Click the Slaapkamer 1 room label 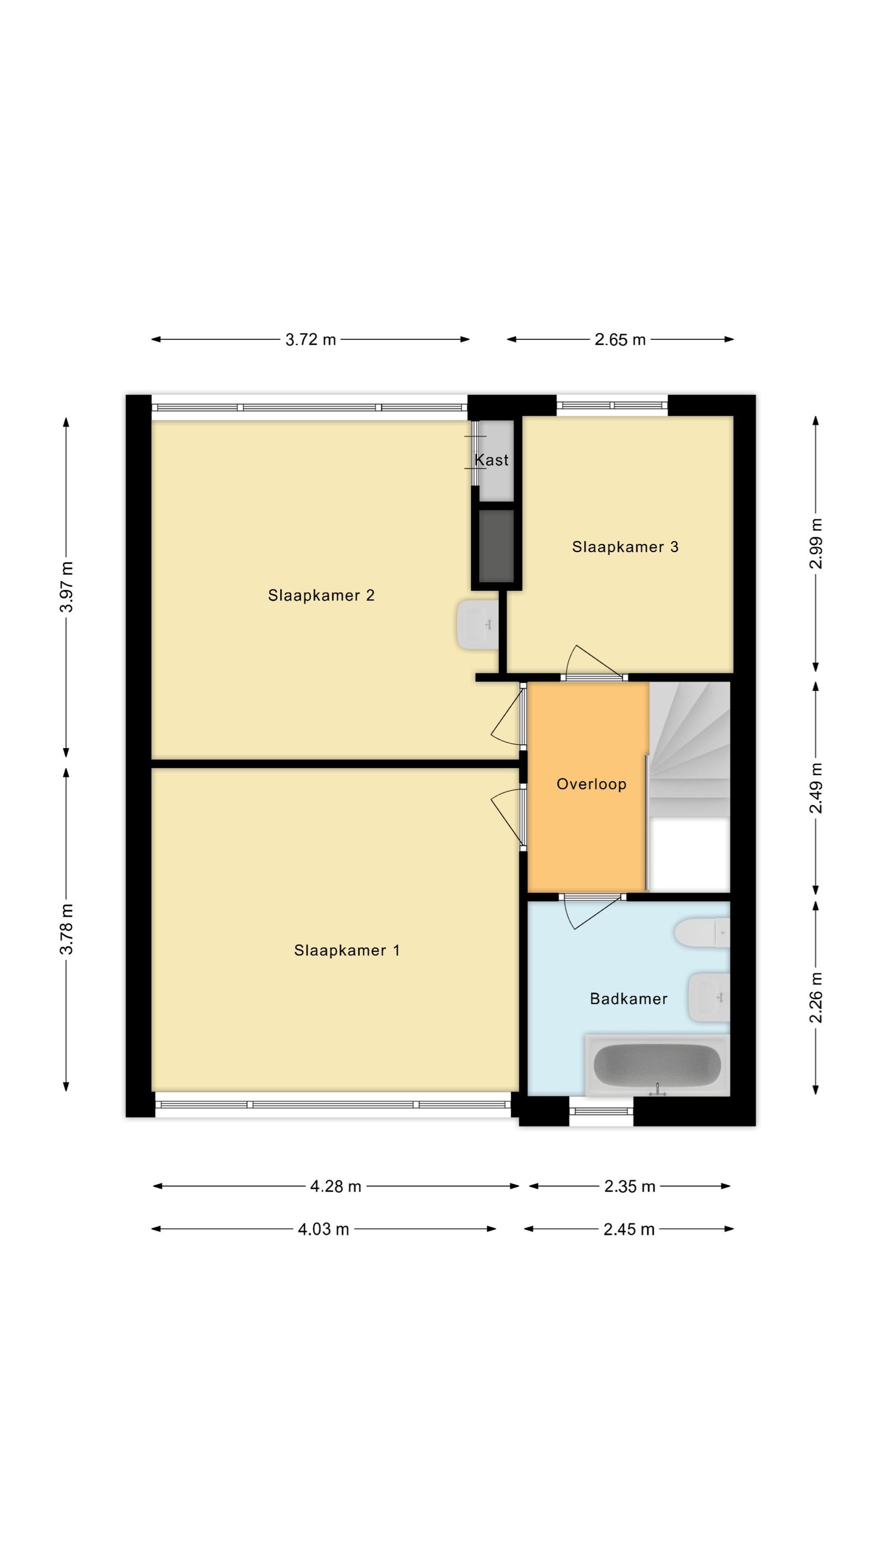coord(347,950)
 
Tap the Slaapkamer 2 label coord(321,595)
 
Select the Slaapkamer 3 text coord(625,547)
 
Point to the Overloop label coord(592,784)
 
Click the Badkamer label coord(629,999)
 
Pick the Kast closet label coord(492,460)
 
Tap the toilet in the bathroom coord(702,933)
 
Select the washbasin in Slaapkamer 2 coord(478,624)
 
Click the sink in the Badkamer coord(709,997)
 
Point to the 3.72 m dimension coord(310,340)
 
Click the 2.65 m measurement coord(620,340)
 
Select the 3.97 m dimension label coord(66,587)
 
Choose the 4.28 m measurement coord(335,1186)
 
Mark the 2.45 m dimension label coord(629,1229)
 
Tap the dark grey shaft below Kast coord(497,546)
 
